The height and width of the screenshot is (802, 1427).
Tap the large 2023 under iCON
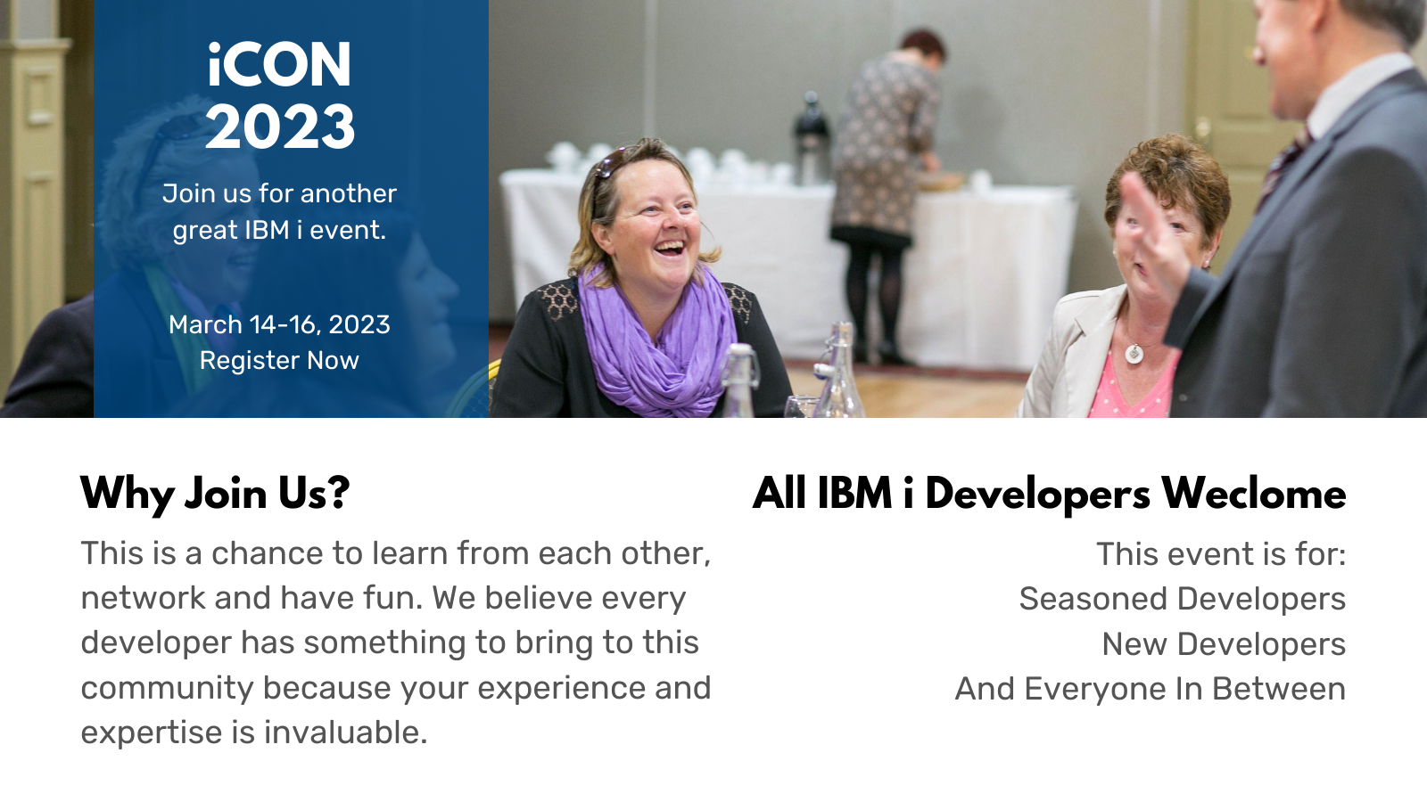tap(280, 127)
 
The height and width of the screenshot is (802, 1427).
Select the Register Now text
tap(279, 360)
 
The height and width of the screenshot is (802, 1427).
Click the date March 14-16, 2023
tap(279, 325)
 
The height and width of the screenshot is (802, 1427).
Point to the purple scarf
tap(656, 344)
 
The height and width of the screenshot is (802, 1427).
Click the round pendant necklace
tap(1134, 353)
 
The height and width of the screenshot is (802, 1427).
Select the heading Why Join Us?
tap(215, 494)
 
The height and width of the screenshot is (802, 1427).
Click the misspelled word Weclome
tap(1253, 494)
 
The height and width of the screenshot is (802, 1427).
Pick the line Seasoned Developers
tap(1183, 599)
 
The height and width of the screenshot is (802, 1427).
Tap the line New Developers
tap(1224, 644)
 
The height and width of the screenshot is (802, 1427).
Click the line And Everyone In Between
tap(1150, 689)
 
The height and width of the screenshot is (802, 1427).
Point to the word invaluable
tap(345, 732)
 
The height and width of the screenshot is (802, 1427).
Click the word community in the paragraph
tap(167, 689)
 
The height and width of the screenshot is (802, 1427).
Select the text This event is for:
tap(1221, 553)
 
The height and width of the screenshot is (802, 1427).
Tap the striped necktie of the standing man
tap(1283, 167)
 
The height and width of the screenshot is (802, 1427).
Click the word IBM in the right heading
tap(854, 494)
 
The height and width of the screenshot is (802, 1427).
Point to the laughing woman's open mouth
tap(669, 247)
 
